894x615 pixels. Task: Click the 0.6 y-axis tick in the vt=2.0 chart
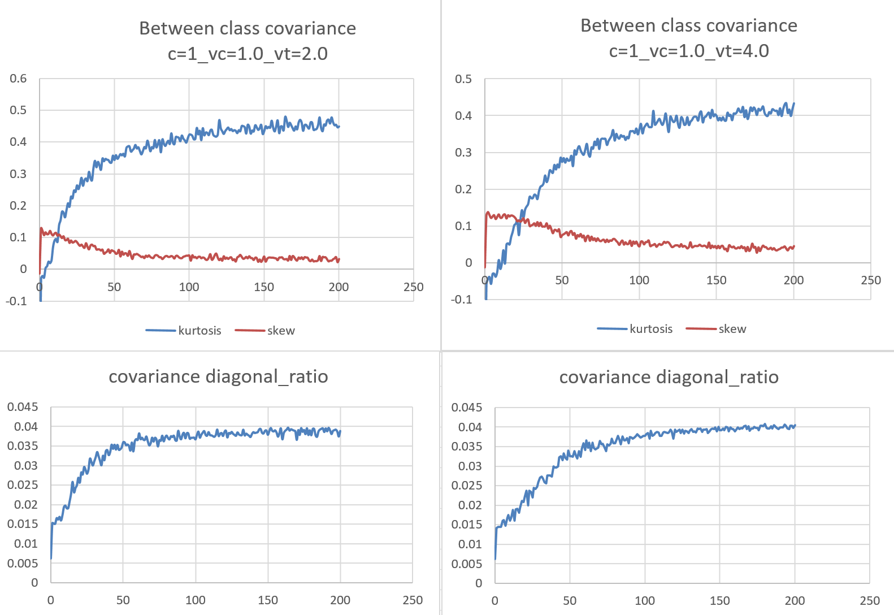pyautogui.click(x=18, y=79)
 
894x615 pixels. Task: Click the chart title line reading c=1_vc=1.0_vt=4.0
pyautogui.click(x=688, y=51)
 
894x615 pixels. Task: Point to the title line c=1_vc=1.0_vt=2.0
pyautogui.click(x=248, y=54)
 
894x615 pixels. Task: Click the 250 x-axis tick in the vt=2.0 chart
pyautogui.click(x=413, y=287)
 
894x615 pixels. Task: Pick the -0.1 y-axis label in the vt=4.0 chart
pyautogui.click(x=461, y=300)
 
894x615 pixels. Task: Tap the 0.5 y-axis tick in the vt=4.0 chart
pyautogui.click(x=463, y=79)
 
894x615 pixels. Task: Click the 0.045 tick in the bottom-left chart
pyautogui.click(x=23, y=407)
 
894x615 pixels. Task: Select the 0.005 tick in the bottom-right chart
pyautogui.click(x=467, y=564)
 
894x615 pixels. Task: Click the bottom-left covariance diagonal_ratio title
pyautogui.click(x=218, y=376)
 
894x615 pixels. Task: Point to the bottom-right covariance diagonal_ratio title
pyautogui.click(x=669, y=377)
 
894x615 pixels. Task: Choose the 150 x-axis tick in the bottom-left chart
pyautogui.click(x=268, y=600)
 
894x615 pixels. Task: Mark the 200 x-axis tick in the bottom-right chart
pyautogui.click(x=795, y=601)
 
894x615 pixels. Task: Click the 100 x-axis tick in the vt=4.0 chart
pyautogui.click(x=639, y=280)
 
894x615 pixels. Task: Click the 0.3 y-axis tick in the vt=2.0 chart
pyautogui.click(x=18, y=174)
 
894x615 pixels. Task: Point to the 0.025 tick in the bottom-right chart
pyautogui.click(x=467, y=486)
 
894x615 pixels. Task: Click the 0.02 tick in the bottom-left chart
pyautogui.click(x=26, y=505)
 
